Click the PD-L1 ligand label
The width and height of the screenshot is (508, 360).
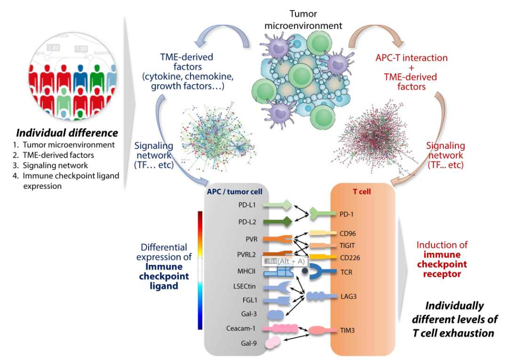click(x=247, y=205)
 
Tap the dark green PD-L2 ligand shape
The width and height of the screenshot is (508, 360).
click(x=278, y=222)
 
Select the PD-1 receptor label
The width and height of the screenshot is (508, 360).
click(x=346, y=214)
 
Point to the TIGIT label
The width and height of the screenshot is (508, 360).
click(x=347, y=245)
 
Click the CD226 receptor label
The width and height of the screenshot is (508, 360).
click(x=350, y=258)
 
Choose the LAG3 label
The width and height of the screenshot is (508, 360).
click(x=348, y=296)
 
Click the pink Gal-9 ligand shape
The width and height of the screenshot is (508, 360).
click(x=272, y=343)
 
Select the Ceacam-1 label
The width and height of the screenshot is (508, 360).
click(x=241, y=328)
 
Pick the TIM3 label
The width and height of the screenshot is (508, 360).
click(x=347, y=330)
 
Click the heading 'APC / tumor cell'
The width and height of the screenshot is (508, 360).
click(x=235, y=192)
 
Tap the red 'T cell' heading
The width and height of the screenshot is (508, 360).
click(x=362, y=192)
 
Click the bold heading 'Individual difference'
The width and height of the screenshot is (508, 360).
click(x=67, y=133)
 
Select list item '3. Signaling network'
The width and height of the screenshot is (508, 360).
click(x=50, y=165)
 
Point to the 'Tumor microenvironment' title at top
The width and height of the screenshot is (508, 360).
click(x=303, y=19)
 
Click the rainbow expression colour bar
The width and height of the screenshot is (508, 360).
click(x=200, y=270)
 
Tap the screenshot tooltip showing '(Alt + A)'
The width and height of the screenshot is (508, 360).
click(x=284, y=261)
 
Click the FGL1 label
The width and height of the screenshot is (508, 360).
click(x=250, y=300)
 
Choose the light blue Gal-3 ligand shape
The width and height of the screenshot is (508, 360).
click(x=275, y=314)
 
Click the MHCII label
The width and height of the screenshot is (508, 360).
click(x=246, y=271)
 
